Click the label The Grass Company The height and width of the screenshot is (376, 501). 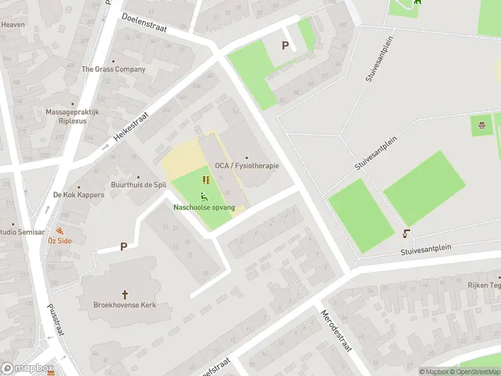coord(113,70)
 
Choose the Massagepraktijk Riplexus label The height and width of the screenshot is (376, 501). coord(72,117)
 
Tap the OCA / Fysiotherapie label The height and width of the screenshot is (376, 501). coord(247,166)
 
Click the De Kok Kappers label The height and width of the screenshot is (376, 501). coord(79,195)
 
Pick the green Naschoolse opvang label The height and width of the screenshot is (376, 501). coord(204,207)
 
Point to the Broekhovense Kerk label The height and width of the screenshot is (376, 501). coord(125,305)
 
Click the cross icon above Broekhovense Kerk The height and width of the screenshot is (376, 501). coord(125,293)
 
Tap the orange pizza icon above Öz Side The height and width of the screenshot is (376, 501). coord(59,231)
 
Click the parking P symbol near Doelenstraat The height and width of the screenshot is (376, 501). coord(286,45)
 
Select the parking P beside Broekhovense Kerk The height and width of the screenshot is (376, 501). coord(123,247)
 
